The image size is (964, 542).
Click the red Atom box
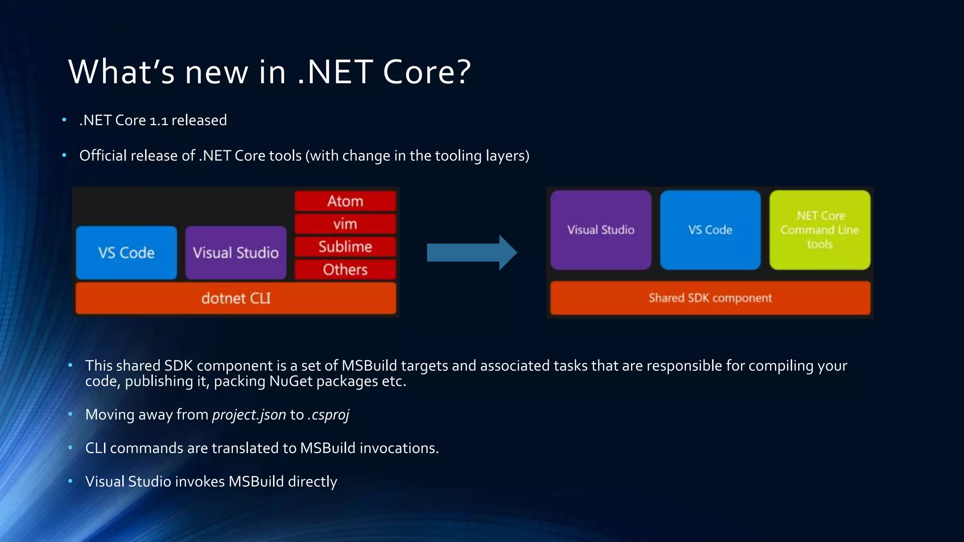coord(345,201)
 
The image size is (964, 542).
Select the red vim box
coord(345,224)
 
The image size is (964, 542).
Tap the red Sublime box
coord(345,247)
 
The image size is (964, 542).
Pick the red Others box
coord(345,270)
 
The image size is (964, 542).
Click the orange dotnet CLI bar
coord(236,298)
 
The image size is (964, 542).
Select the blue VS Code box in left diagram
coord(126,253)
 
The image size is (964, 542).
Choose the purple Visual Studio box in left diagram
coord(235,253)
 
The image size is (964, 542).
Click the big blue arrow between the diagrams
coord(471,253)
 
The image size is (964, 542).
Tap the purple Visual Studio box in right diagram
coord(601,230)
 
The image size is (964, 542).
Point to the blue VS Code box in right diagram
coord(710,230)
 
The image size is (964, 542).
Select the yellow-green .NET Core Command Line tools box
coord(819,230)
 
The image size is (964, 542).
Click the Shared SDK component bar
coord(710,298)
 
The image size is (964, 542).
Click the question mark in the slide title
coord(463,72)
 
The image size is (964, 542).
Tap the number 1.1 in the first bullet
coord(159,121)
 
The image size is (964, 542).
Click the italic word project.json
coord(249,415)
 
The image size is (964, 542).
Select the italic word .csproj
coord(328,415)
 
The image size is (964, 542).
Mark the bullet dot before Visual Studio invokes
coord(70,481)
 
